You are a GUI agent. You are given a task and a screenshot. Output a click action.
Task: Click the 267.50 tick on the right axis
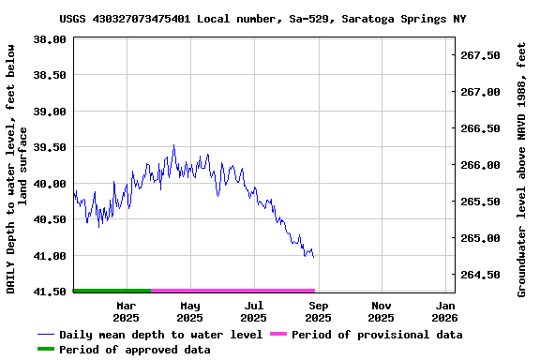point(482,55)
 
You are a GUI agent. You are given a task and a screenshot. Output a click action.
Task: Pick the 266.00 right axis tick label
point(482,165)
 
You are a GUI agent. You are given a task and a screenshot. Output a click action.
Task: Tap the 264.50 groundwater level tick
point(482,275)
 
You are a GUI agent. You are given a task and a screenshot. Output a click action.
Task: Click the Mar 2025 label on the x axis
point(127,311)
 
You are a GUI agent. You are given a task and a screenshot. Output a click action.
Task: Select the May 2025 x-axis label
point(190,311)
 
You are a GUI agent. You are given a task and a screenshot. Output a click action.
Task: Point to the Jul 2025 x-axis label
point(254,311)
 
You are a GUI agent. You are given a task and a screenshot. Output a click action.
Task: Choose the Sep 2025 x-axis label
point(319,311)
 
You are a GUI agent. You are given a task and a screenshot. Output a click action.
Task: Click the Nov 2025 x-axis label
point(382,311)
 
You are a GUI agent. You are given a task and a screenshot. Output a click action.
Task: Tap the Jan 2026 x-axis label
point(445,311)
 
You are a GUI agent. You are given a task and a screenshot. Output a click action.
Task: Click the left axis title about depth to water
point(18,167)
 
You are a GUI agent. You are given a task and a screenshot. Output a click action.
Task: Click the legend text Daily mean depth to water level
point(160,335)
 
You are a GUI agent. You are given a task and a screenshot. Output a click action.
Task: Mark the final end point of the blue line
point(314,257)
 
